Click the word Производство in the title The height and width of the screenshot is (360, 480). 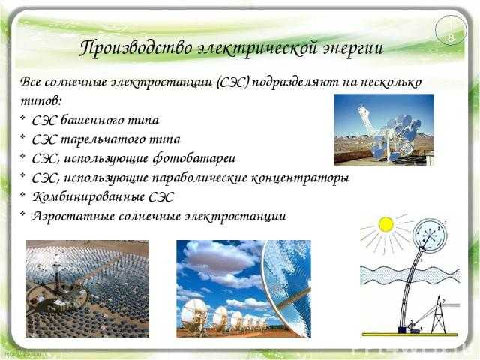(136, 49)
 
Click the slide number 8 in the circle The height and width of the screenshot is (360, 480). (451, 38)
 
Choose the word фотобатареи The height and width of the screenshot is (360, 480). (194, 158)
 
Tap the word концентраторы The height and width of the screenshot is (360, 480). (300, 178)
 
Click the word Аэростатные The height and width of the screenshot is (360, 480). (73, 217)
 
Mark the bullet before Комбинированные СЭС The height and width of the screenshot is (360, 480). (22, 195)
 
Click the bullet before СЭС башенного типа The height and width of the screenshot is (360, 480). (22, 118)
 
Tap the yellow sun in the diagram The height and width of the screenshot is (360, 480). (385, 225)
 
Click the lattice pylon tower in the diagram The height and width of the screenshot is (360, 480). (439, 315)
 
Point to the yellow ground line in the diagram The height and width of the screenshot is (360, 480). (410, 334)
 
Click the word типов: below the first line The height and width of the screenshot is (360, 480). (41, 101)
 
